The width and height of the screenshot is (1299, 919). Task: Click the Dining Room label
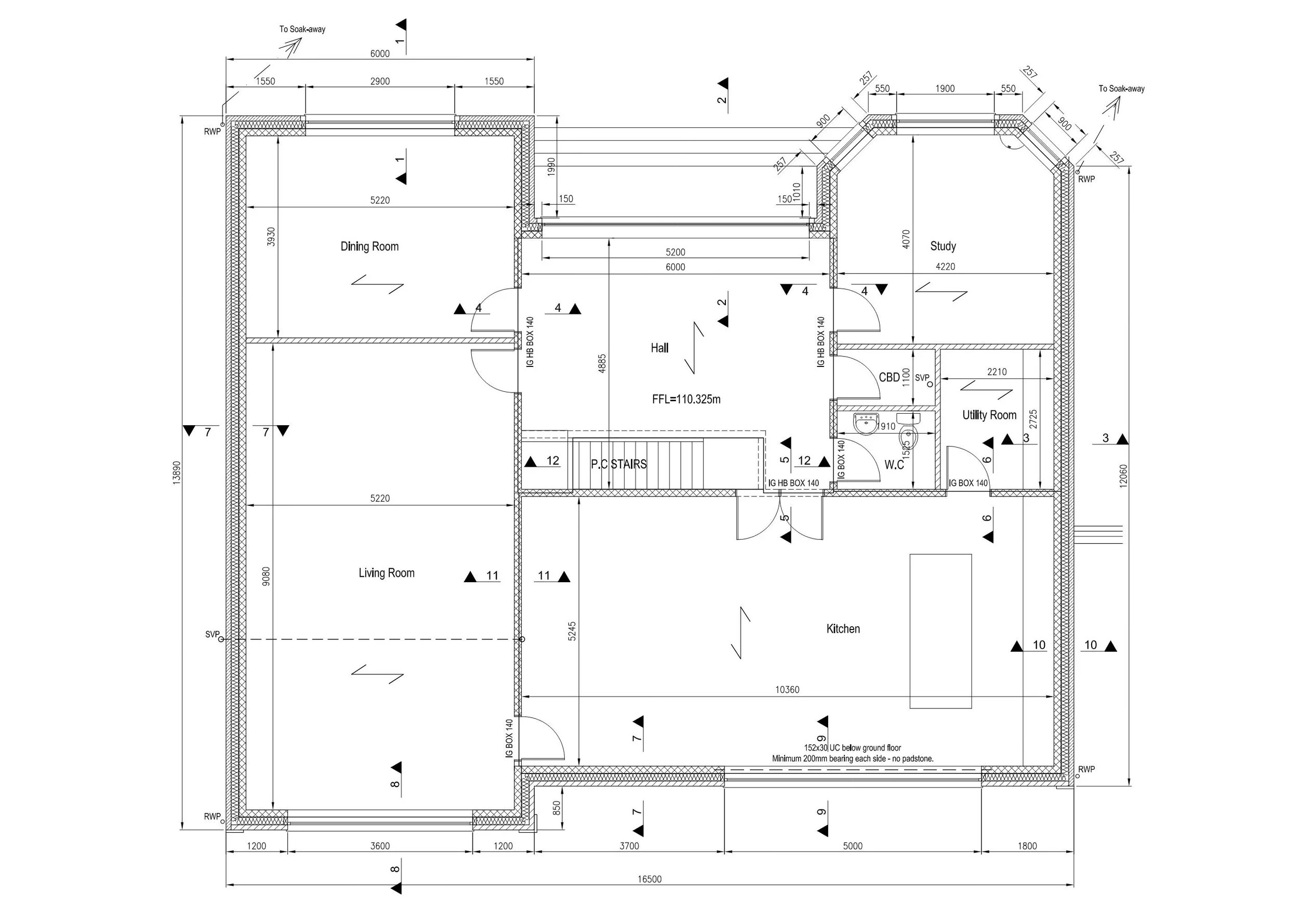point(369,247)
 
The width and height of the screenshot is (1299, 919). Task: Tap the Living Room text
point(387,573)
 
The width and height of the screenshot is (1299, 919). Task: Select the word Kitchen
point(843,629)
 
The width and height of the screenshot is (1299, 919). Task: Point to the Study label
point(943,246)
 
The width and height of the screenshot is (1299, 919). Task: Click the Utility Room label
point(989,415)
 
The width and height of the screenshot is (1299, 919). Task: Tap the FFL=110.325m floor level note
point(686,400)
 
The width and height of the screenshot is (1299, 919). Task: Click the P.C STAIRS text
point(618,465)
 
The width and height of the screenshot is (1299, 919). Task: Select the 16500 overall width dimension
point(649,879)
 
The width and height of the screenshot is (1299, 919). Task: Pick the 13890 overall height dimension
point(177,472)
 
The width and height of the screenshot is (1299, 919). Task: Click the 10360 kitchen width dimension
point(787,690)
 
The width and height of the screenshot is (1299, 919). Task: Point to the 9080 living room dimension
point(267,576)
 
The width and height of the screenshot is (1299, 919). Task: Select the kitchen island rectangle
point(940,631)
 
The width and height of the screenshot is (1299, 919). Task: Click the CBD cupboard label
point(889,377)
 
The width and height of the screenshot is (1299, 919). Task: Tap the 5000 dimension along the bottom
point(853,846)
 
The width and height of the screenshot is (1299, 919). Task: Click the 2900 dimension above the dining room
point(380,82)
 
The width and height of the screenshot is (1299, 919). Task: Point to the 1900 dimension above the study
point(945,89)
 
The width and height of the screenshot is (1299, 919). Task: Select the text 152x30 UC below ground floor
point(853,748)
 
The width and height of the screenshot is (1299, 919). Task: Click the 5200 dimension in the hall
point(675,253)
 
